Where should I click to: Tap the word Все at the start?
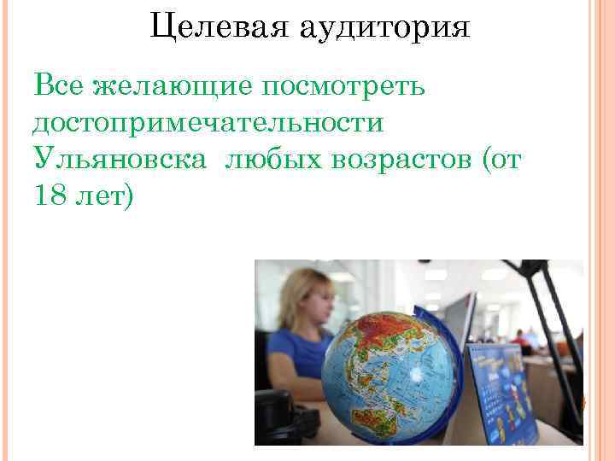click(x=58, y=86)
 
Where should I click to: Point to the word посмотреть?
click(x=347, y=86)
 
